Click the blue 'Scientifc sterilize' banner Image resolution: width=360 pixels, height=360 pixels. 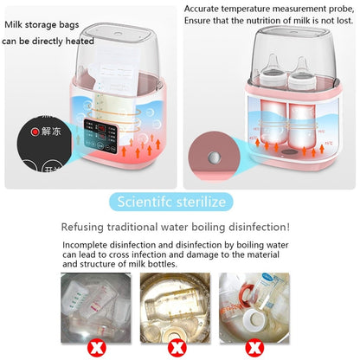click(180, 202)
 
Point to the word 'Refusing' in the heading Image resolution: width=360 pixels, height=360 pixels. click(86, 227)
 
